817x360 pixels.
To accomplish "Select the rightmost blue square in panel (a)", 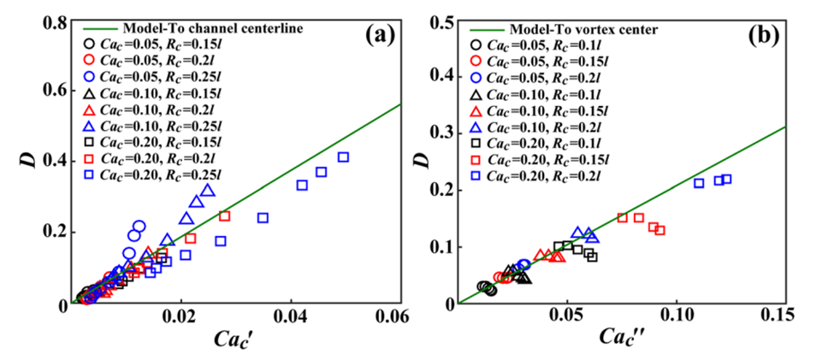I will pos(344,157).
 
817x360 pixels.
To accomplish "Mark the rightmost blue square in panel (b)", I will pos(727,180).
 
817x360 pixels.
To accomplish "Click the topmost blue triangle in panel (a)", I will pos(208,190).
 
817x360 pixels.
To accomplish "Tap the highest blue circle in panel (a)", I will pos(139,227).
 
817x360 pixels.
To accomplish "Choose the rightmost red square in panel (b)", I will pos(660,230).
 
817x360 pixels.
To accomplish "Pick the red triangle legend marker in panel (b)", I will pos(478,111).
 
